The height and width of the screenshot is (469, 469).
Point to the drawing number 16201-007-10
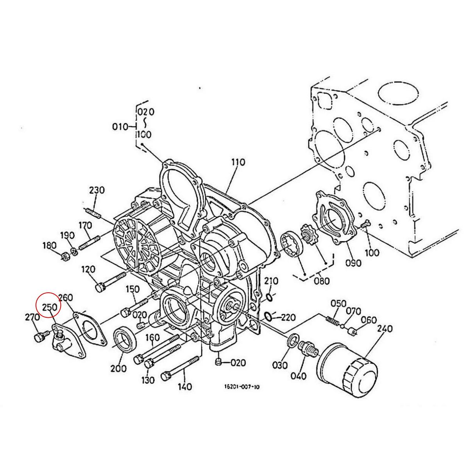(242, 387)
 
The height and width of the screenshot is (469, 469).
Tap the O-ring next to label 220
(268, 316)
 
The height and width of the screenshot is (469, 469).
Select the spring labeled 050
(332, 320)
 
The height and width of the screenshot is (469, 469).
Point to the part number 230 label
(97, 190)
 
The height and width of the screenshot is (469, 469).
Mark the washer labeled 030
(292, 340)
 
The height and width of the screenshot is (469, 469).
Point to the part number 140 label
(184, 387)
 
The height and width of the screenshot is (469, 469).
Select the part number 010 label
(120, 127)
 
